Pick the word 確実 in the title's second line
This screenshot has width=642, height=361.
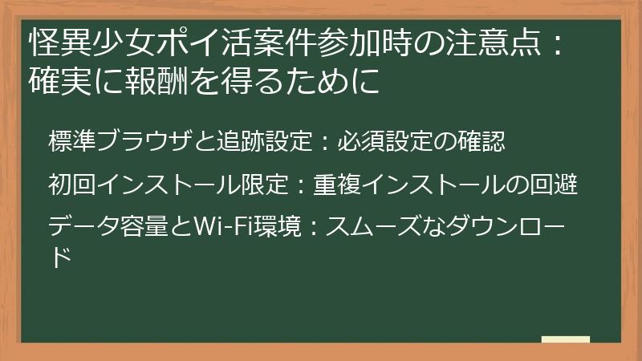click(55, 80)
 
